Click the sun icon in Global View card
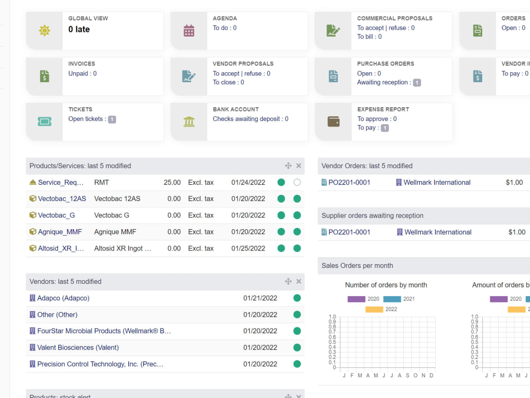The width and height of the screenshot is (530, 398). [x=45, y=31]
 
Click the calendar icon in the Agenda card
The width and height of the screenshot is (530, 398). [x=189, y=31]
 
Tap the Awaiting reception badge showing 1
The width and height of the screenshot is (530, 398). [x=417, y=83]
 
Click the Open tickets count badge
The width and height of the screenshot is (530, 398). [x=112, y=119]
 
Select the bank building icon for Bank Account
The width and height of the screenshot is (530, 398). [x=189, y=122]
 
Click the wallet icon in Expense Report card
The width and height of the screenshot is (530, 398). [x=333, y=122]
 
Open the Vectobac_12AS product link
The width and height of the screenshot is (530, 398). [x=61, y=199]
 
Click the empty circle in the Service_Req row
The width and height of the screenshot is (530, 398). [x=297, y=183]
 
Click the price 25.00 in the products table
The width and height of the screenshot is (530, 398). [x=172, y=183]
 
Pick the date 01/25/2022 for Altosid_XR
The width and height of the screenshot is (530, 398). [x=248, y=248]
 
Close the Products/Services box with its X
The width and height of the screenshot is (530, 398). [x=299, y=166]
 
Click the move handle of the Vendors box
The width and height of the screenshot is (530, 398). [x=288, y=282]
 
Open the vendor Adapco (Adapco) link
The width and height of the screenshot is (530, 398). [x=63, y=298]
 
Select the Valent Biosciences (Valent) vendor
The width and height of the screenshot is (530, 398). [x=78, y=348]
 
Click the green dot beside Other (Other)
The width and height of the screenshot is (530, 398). [x=297, y=315]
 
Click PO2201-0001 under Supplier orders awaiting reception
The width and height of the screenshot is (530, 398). [x=349, y=232]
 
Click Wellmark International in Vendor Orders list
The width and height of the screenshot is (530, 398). [x=437, y=183]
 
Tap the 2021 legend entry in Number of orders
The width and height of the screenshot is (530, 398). [x=399, y=299]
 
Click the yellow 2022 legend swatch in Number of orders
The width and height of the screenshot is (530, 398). [x=374, y=309]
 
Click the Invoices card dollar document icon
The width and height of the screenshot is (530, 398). [x=45, y=76]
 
